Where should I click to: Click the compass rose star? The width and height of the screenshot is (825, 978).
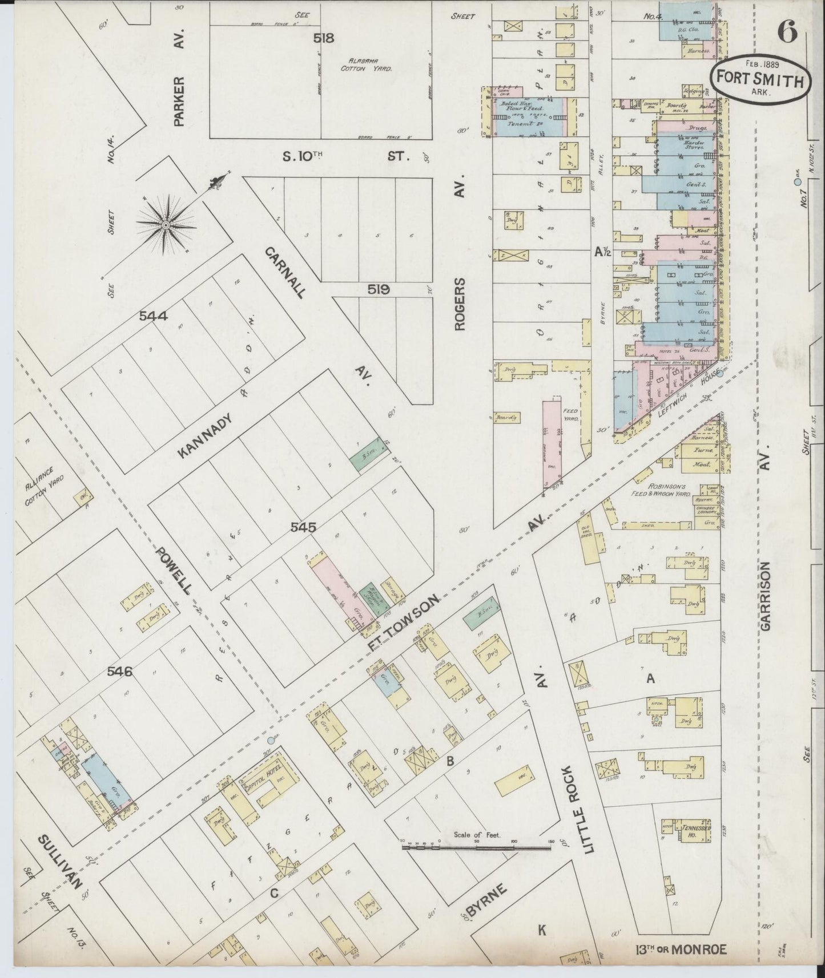click(166, 226)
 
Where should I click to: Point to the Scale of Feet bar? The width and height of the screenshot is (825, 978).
click(477, 848)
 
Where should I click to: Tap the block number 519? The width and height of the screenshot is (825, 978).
click(379, 290)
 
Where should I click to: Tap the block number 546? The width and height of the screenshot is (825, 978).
click(120, 672)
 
